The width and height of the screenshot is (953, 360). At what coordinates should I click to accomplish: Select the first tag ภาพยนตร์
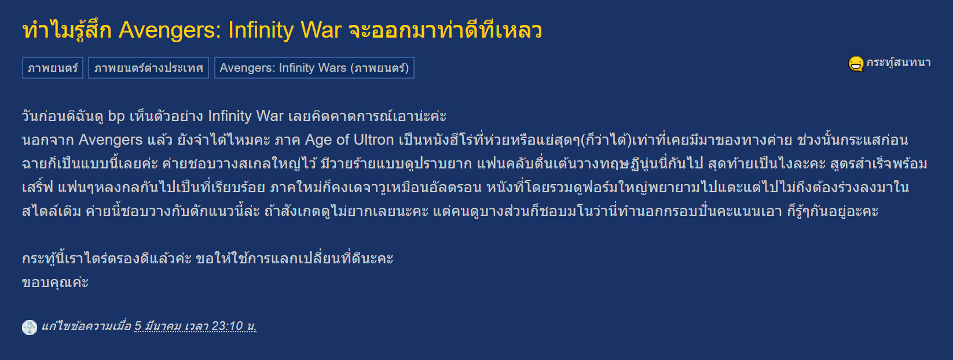pyautogui.click(x=52, y=68)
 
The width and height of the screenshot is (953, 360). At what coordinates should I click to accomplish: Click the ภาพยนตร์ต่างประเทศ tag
pyautogui.click(x=148, y=68)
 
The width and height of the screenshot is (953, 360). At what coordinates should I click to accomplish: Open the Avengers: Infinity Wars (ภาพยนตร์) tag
pyautogui.click(x=314, y=68)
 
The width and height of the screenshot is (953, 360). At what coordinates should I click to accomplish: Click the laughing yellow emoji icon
pyautogui.click(x=856, y=64)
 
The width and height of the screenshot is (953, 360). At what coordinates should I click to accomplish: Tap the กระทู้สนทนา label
pyautogui.click(x=899, y=63)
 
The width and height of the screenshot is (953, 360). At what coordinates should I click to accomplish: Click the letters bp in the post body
pyautogui.click(x=116, y=116)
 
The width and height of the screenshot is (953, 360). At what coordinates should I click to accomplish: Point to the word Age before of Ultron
pyautogui.click(x=319, y=140)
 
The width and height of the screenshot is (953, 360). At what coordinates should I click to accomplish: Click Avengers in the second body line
pyautogui.click(x=111, y=140)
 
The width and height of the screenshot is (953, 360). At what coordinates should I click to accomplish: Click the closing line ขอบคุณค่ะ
pyautogui.click(x=56, y=282)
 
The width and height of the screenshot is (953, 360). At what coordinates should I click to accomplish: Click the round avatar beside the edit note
pyautogui.click(x=30, y=327)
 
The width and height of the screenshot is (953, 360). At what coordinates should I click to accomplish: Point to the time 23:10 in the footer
pyautogui.click(x=227, y=326)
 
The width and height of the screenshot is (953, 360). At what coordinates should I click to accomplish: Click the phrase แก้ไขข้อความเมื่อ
pyautogui.click(x=86, y=326)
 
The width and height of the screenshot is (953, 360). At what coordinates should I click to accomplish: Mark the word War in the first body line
pyautogui.click(x=270, y=116)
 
